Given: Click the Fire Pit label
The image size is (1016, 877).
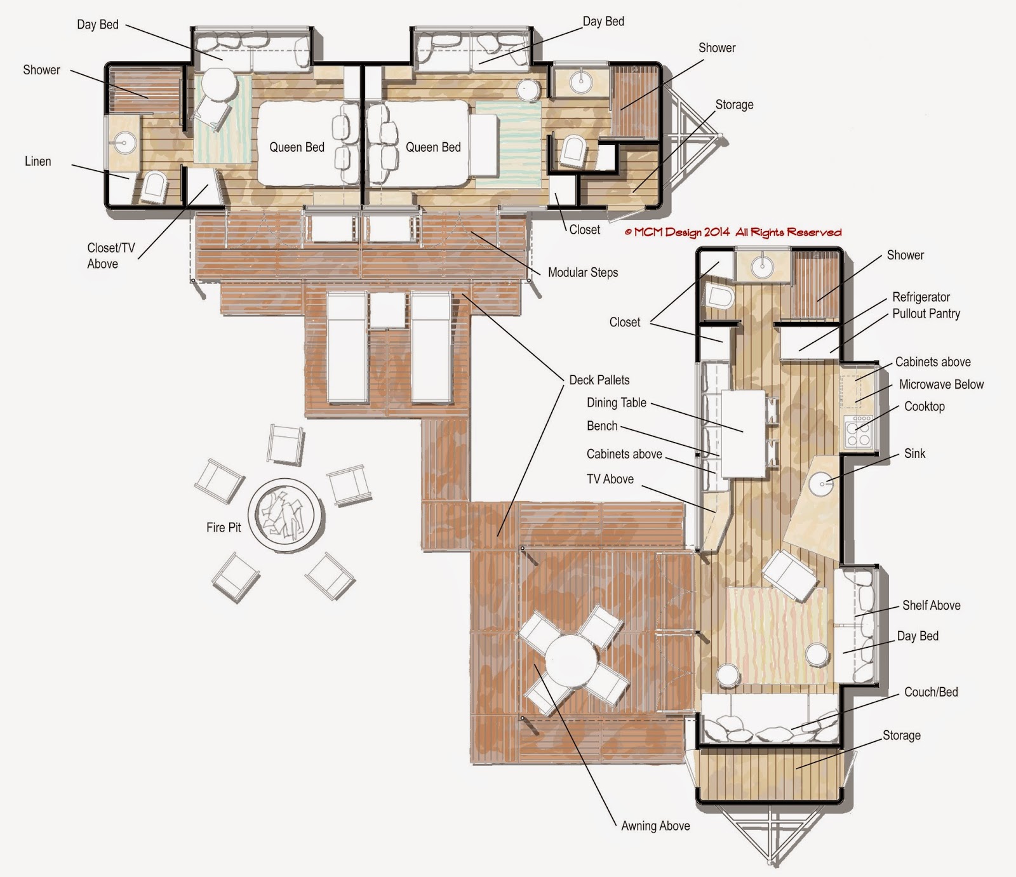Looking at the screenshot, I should click(x=224, y=527).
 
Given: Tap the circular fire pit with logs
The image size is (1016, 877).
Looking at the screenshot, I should click(x=285, y=514).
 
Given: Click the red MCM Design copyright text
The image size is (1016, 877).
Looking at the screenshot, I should click(x=733, y=232).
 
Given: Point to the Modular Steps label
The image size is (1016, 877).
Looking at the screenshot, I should click(x=582, y=272).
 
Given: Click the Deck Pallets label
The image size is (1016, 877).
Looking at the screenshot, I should click(x=599, y=380).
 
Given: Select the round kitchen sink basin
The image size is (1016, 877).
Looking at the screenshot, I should click(x=823, y=484).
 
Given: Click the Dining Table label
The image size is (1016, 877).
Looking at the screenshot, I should click(x=616, y=403).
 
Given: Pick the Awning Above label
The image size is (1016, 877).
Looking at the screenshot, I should click(x=655, y=826).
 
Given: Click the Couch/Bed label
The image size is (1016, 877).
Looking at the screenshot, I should click(x=930, y=692).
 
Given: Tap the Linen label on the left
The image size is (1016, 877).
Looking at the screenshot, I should click(x=37, y=161).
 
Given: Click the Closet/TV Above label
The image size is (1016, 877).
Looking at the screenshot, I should click(x=110, y=256).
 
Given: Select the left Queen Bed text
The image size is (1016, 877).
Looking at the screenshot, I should click(x=297, y=147).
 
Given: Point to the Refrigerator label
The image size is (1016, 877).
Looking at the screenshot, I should click(x=921, y=297).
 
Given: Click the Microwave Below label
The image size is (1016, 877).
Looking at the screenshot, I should click(x=941, y=384).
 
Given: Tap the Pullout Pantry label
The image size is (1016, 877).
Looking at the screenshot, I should click(x=926, y=313).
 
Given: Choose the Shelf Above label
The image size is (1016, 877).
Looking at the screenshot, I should click(x=931, y=605).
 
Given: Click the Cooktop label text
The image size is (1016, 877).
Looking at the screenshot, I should click(x=924, y=406).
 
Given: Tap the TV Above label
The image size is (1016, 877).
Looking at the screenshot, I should click(x=610, y=479).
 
